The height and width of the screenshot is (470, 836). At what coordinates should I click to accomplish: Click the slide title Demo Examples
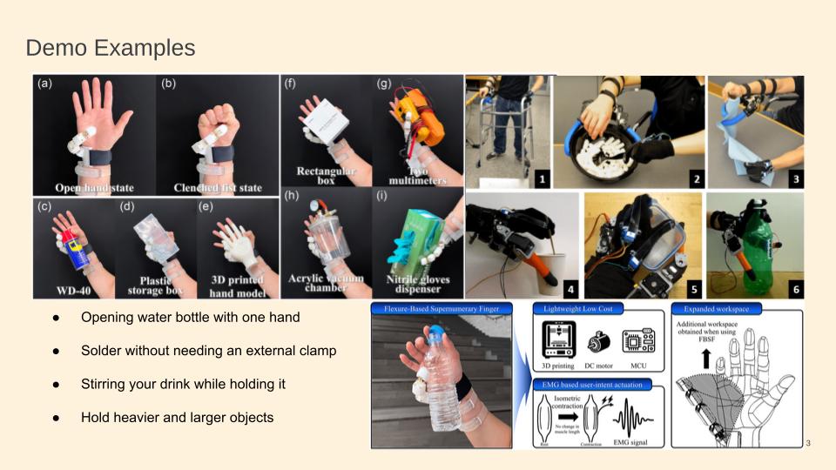[x=110, y=47]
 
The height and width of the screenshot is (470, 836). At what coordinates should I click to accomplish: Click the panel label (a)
[x=44, y=85]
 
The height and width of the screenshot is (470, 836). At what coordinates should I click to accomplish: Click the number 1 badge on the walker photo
[x=541, y=179]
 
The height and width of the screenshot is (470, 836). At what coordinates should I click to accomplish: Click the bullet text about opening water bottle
[x=190, y=317]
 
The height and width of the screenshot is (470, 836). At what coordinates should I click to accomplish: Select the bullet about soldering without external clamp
[x=208, y=351]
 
